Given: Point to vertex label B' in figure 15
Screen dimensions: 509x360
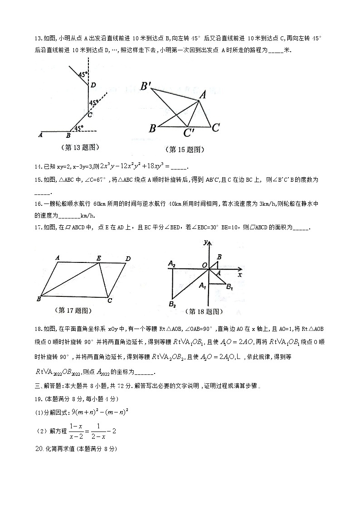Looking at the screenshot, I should [x=146, y=86].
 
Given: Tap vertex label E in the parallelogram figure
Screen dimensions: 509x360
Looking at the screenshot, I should [x=98, y=257].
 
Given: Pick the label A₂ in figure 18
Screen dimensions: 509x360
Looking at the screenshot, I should [x=171, y=263].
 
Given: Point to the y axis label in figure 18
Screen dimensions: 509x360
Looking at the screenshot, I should [x=206, y=242].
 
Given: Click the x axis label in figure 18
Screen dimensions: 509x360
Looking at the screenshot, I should [x=240, y=274].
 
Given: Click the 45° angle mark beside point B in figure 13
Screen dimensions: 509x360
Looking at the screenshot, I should [x=78, y=129].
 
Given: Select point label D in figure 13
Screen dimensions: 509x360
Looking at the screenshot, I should [x=92, y=85].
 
